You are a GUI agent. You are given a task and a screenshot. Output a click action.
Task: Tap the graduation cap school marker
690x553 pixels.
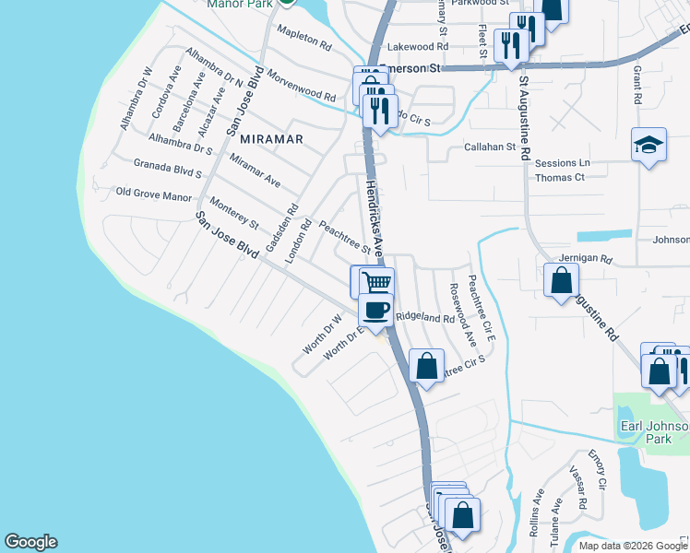(x=648, y=146)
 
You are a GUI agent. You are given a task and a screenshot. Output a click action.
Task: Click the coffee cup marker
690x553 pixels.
(x=375, y=311)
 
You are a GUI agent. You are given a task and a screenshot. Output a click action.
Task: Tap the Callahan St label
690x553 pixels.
(x=489, y=147)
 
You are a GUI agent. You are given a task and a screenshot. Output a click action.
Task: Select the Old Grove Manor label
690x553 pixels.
(x=153, y=194)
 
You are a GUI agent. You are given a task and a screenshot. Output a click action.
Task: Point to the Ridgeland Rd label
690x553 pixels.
(x=425, y=318)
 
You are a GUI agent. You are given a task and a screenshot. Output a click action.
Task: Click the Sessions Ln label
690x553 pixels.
(x=562, y=163)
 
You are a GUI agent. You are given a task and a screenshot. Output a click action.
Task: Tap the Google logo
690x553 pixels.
(x=30, y=542)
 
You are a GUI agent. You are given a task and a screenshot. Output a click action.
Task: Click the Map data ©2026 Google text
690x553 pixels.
(x=632, y=546)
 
